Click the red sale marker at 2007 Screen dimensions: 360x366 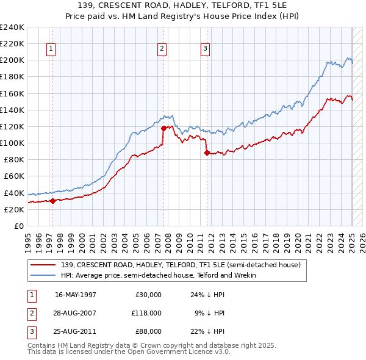164,128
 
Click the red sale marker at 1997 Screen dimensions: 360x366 52,201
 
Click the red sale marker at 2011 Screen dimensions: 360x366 207,153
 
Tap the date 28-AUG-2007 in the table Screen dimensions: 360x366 76,312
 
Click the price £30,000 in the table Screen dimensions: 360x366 148,295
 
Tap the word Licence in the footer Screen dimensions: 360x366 196,352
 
